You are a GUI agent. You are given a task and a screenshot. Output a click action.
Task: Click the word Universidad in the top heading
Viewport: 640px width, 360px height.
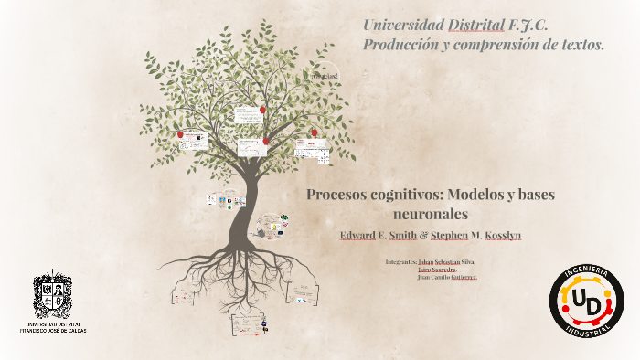403,25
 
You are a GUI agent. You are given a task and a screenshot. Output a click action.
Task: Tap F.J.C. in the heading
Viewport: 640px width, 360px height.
529,25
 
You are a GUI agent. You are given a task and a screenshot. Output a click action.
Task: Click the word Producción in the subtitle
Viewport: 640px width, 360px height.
401,44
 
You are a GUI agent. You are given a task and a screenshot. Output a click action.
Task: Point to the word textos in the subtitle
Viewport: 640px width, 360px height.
577,44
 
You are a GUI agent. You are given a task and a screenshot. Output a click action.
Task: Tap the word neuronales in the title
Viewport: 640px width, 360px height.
431,214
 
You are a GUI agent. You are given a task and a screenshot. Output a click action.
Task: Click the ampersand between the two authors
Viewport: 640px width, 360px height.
423,236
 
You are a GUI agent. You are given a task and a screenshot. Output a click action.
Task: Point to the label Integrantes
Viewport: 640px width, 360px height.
400,261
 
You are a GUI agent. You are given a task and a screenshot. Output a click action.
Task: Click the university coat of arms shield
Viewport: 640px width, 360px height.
52,294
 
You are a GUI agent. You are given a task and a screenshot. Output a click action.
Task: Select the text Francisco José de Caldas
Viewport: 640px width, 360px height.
52,329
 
